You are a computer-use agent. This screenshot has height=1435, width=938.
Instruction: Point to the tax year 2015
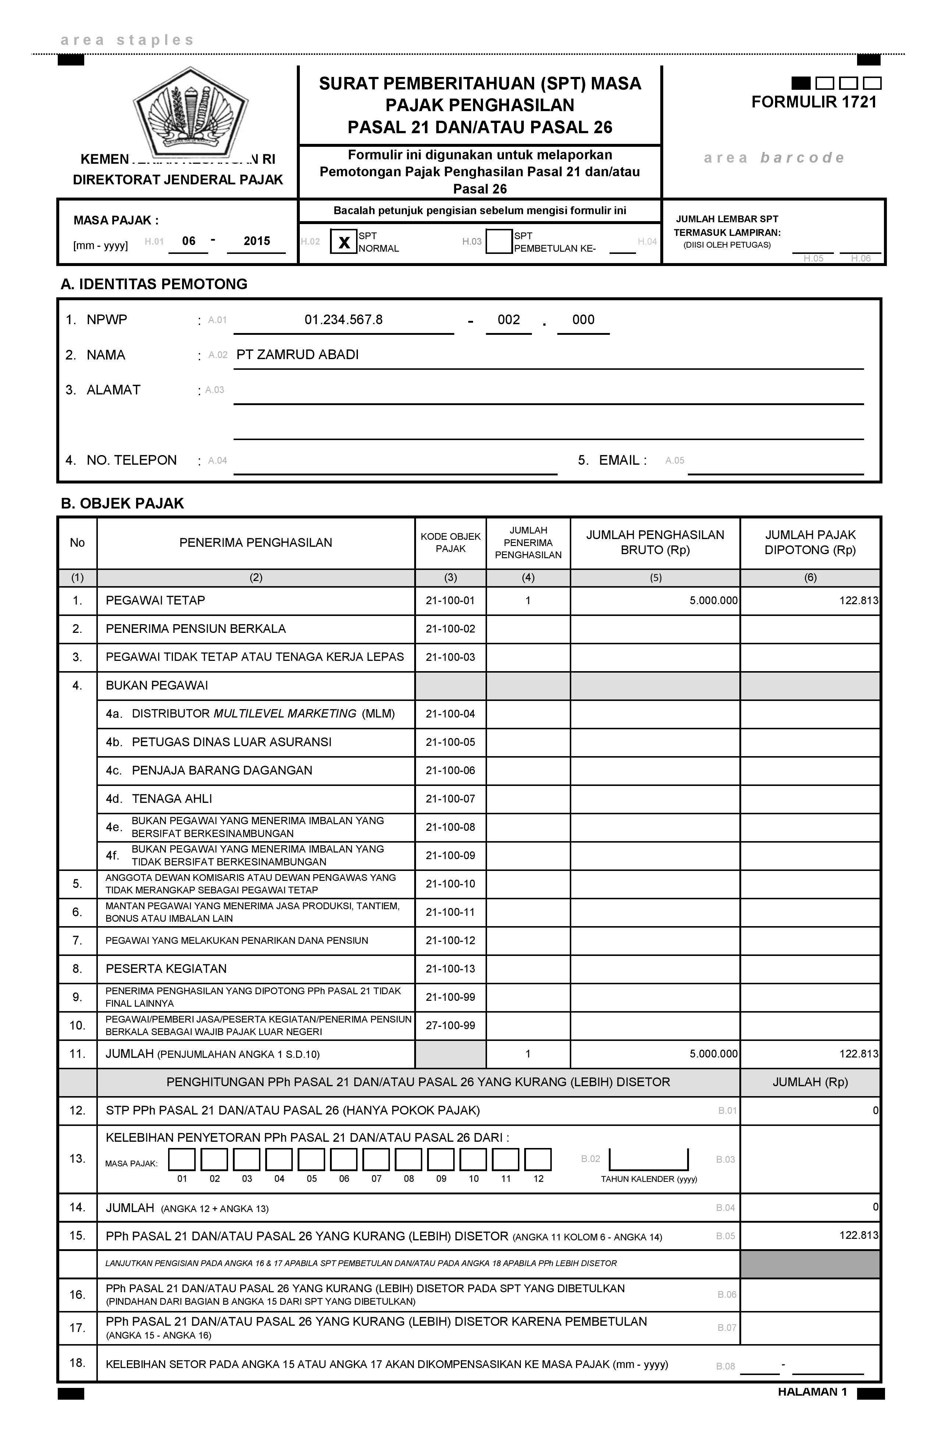[257, 241]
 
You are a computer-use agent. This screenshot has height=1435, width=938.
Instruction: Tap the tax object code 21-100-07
[450, 799]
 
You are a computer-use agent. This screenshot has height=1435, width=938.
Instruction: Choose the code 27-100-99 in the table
[450, 1025]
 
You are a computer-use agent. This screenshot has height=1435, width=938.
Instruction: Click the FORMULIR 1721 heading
[814, 103]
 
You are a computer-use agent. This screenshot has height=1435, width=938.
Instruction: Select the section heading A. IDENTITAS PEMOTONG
[154, 284]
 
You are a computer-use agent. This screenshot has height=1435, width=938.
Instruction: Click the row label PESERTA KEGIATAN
[166, 969]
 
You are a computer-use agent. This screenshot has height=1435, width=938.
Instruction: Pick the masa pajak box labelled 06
[344, 1159]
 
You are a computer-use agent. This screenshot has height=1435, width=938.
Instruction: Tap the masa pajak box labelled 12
[538, 1159]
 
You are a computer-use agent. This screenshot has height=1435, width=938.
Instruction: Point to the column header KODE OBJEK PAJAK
[450, 543]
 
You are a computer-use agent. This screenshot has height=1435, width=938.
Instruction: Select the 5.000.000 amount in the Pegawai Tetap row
[714, 600]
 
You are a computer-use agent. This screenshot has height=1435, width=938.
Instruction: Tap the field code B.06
[727, 1294]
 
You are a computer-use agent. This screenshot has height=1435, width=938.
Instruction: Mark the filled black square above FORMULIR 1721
[800, 83]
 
